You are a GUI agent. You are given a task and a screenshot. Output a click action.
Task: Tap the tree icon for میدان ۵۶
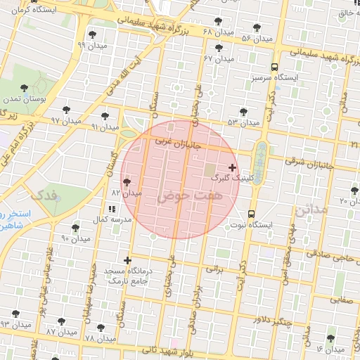(x=257, y=28)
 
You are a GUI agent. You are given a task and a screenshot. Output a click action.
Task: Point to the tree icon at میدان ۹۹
(x=92, y=35)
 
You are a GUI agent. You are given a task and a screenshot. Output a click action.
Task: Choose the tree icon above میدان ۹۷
(x=66, y=110)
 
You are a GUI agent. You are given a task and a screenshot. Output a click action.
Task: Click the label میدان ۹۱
(x=105, y=127)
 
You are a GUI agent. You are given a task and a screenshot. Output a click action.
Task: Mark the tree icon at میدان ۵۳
(x=243, y=112)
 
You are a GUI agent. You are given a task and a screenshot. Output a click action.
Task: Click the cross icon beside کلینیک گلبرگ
(x=233, y=167)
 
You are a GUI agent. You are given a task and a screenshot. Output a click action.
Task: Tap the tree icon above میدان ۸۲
(x=127, y=181)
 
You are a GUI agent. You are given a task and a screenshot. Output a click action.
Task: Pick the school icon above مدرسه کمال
(x=111, y=209)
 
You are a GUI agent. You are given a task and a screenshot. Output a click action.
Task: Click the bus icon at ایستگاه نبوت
(x=252, y=214)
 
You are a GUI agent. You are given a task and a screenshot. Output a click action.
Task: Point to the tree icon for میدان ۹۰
(x=75, y=228)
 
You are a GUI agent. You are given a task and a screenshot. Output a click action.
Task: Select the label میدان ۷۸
(x=98, y=338)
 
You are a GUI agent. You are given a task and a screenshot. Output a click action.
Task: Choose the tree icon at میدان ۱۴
(x=330, y=339)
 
